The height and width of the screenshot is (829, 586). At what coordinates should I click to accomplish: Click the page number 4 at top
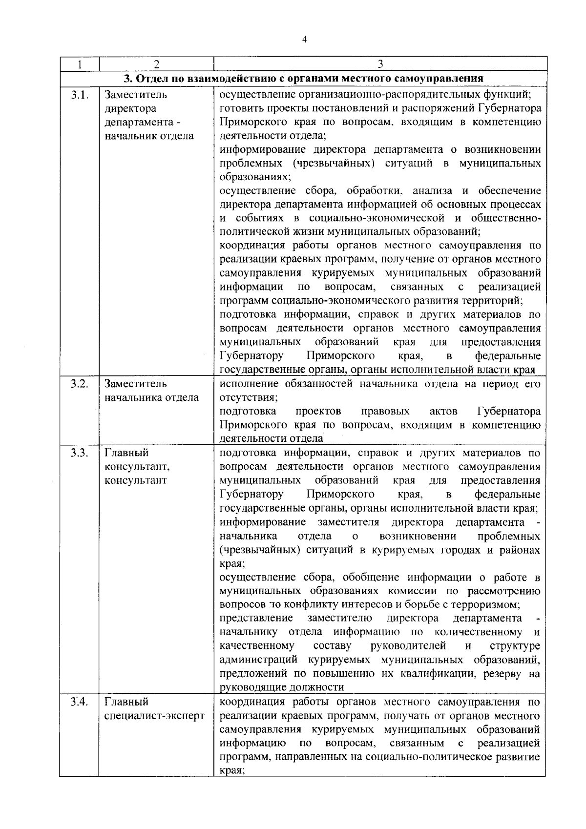pyautogui.click(x=304, y=41)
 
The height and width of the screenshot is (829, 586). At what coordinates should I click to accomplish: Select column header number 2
pyautogui.click(x=156, y=64)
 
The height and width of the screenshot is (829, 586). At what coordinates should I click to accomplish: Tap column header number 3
pyautogui.click(x=380, y=64)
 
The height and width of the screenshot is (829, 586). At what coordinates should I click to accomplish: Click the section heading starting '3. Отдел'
pyautogui.click(x=303, y=78)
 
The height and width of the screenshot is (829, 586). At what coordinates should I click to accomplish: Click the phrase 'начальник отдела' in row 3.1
pyautogui.click(x=149, y=136)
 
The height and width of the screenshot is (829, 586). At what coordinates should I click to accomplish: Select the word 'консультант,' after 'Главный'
pyautogui.click(x=137, y=467)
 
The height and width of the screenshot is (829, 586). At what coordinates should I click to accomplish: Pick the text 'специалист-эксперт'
pyautogui.click(x=154, y=716)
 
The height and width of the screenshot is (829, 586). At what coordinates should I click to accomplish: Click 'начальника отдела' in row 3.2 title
pyautogui.click(x=151, y=397)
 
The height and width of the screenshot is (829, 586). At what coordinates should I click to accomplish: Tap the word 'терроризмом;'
pyautogui.click(x=481, y=605)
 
